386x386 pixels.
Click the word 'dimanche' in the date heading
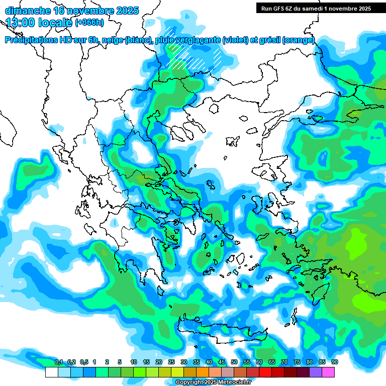tap(27, 11)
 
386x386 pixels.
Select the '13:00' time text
tap(22, 22)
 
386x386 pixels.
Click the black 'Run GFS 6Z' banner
tap(314, 8)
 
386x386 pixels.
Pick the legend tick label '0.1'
tap(59, 362)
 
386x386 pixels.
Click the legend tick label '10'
tap(134, 362)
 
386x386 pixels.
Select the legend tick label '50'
tap(234, 362)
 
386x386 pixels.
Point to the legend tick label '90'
tap(335, 362)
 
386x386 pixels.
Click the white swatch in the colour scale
tap(51, 372)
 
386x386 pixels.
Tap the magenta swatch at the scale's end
tap(328, 372)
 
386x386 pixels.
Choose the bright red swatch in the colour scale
tap(265, 372)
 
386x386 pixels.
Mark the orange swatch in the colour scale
tap(202, 372)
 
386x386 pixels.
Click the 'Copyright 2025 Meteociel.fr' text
tap(213, 382)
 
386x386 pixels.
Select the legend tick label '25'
tap(171, 362)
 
